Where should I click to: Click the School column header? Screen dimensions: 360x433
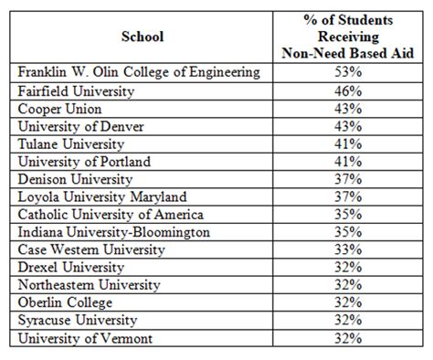pyautogui.click(x=142, y=37)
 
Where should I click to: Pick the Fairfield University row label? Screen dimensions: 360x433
pyautogui.click(x=76, y=91)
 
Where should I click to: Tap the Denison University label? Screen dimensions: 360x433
pyautogui.click(x=75, y=179)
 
